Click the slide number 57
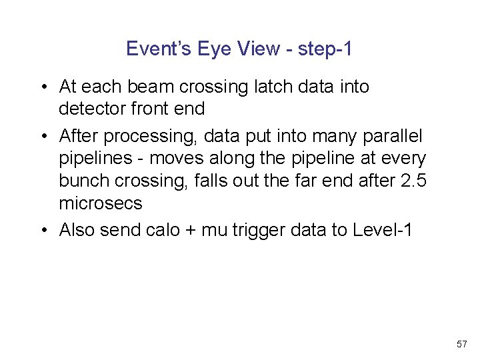coord(461,344)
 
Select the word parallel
coord(393,137)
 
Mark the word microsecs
coord(101,203)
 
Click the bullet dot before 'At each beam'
coord(42,87)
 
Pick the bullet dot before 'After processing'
coord(42,137)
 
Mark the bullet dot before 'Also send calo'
coord(42,231)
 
